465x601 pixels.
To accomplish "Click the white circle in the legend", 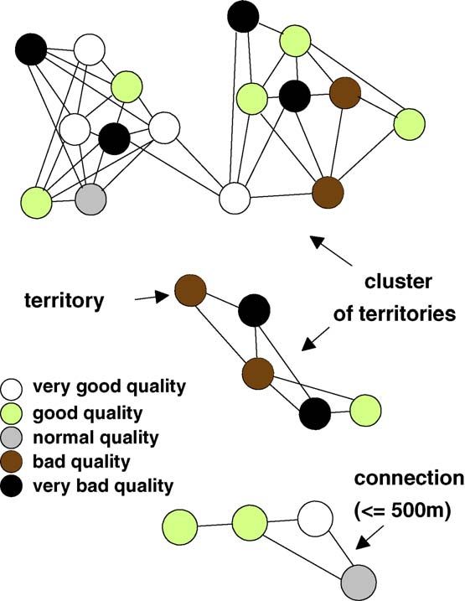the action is pos(12,389).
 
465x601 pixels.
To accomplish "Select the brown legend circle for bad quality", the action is pos(12,462).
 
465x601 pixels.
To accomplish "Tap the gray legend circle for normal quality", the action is pos(12,438).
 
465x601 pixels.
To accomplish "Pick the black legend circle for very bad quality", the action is pos(12,486).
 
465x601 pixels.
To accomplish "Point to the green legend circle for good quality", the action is pos(12,413).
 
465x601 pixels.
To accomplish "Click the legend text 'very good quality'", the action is pos(109,386).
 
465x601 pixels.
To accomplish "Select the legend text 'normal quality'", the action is pos(96,438).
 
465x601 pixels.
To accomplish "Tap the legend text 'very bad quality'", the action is pos(103,486).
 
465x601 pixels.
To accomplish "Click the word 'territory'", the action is pos(64,300).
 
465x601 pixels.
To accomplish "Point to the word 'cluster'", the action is pos(398,282).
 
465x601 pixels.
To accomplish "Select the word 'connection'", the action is pos(409,479).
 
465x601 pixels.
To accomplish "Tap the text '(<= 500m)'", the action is pos(402,511).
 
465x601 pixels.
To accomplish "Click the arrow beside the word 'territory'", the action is pos(152,297).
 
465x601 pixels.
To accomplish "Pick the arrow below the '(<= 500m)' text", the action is pos(369,537).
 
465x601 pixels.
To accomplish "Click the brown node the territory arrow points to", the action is pos(190,290).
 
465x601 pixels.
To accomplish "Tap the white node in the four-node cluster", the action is pos(315,519).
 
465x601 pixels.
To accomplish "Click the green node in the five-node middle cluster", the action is pos(365,411).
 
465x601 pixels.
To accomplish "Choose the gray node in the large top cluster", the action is pos(90,199).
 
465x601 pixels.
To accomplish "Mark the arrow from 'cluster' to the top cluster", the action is pos(331,251).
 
